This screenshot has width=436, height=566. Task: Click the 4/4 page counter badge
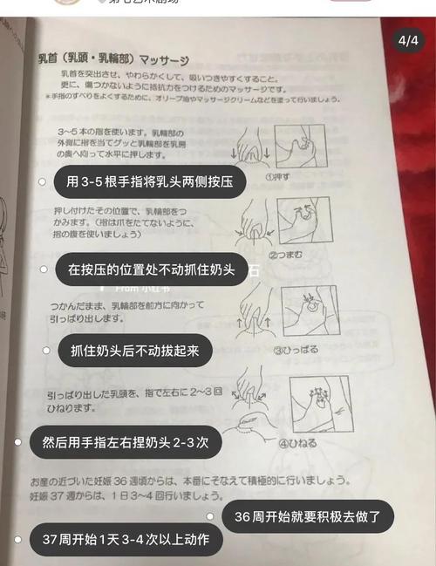pyautogui.click(x=407, y=41)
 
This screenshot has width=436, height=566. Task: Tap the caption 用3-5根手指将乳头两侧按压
pyautogui.click(x=143, y=181)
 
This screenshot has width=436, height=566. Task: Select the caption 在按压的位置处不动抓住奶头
pyautogui.click(x=151, y=269)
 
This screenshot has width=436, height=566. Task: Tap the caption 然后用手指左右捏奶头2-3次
pyautogui.click(x=125, y=442)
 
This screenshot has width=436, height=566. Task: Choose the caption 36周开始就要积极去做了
pyautogui.click(x=307, y=516)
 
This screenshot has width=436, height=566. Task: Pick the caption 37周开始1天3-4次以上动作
pyautogui.click(x=125, y=540)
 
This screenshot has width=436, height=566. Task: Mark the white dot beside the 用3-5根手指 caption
pyautogui.click(x=42, y=181)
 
